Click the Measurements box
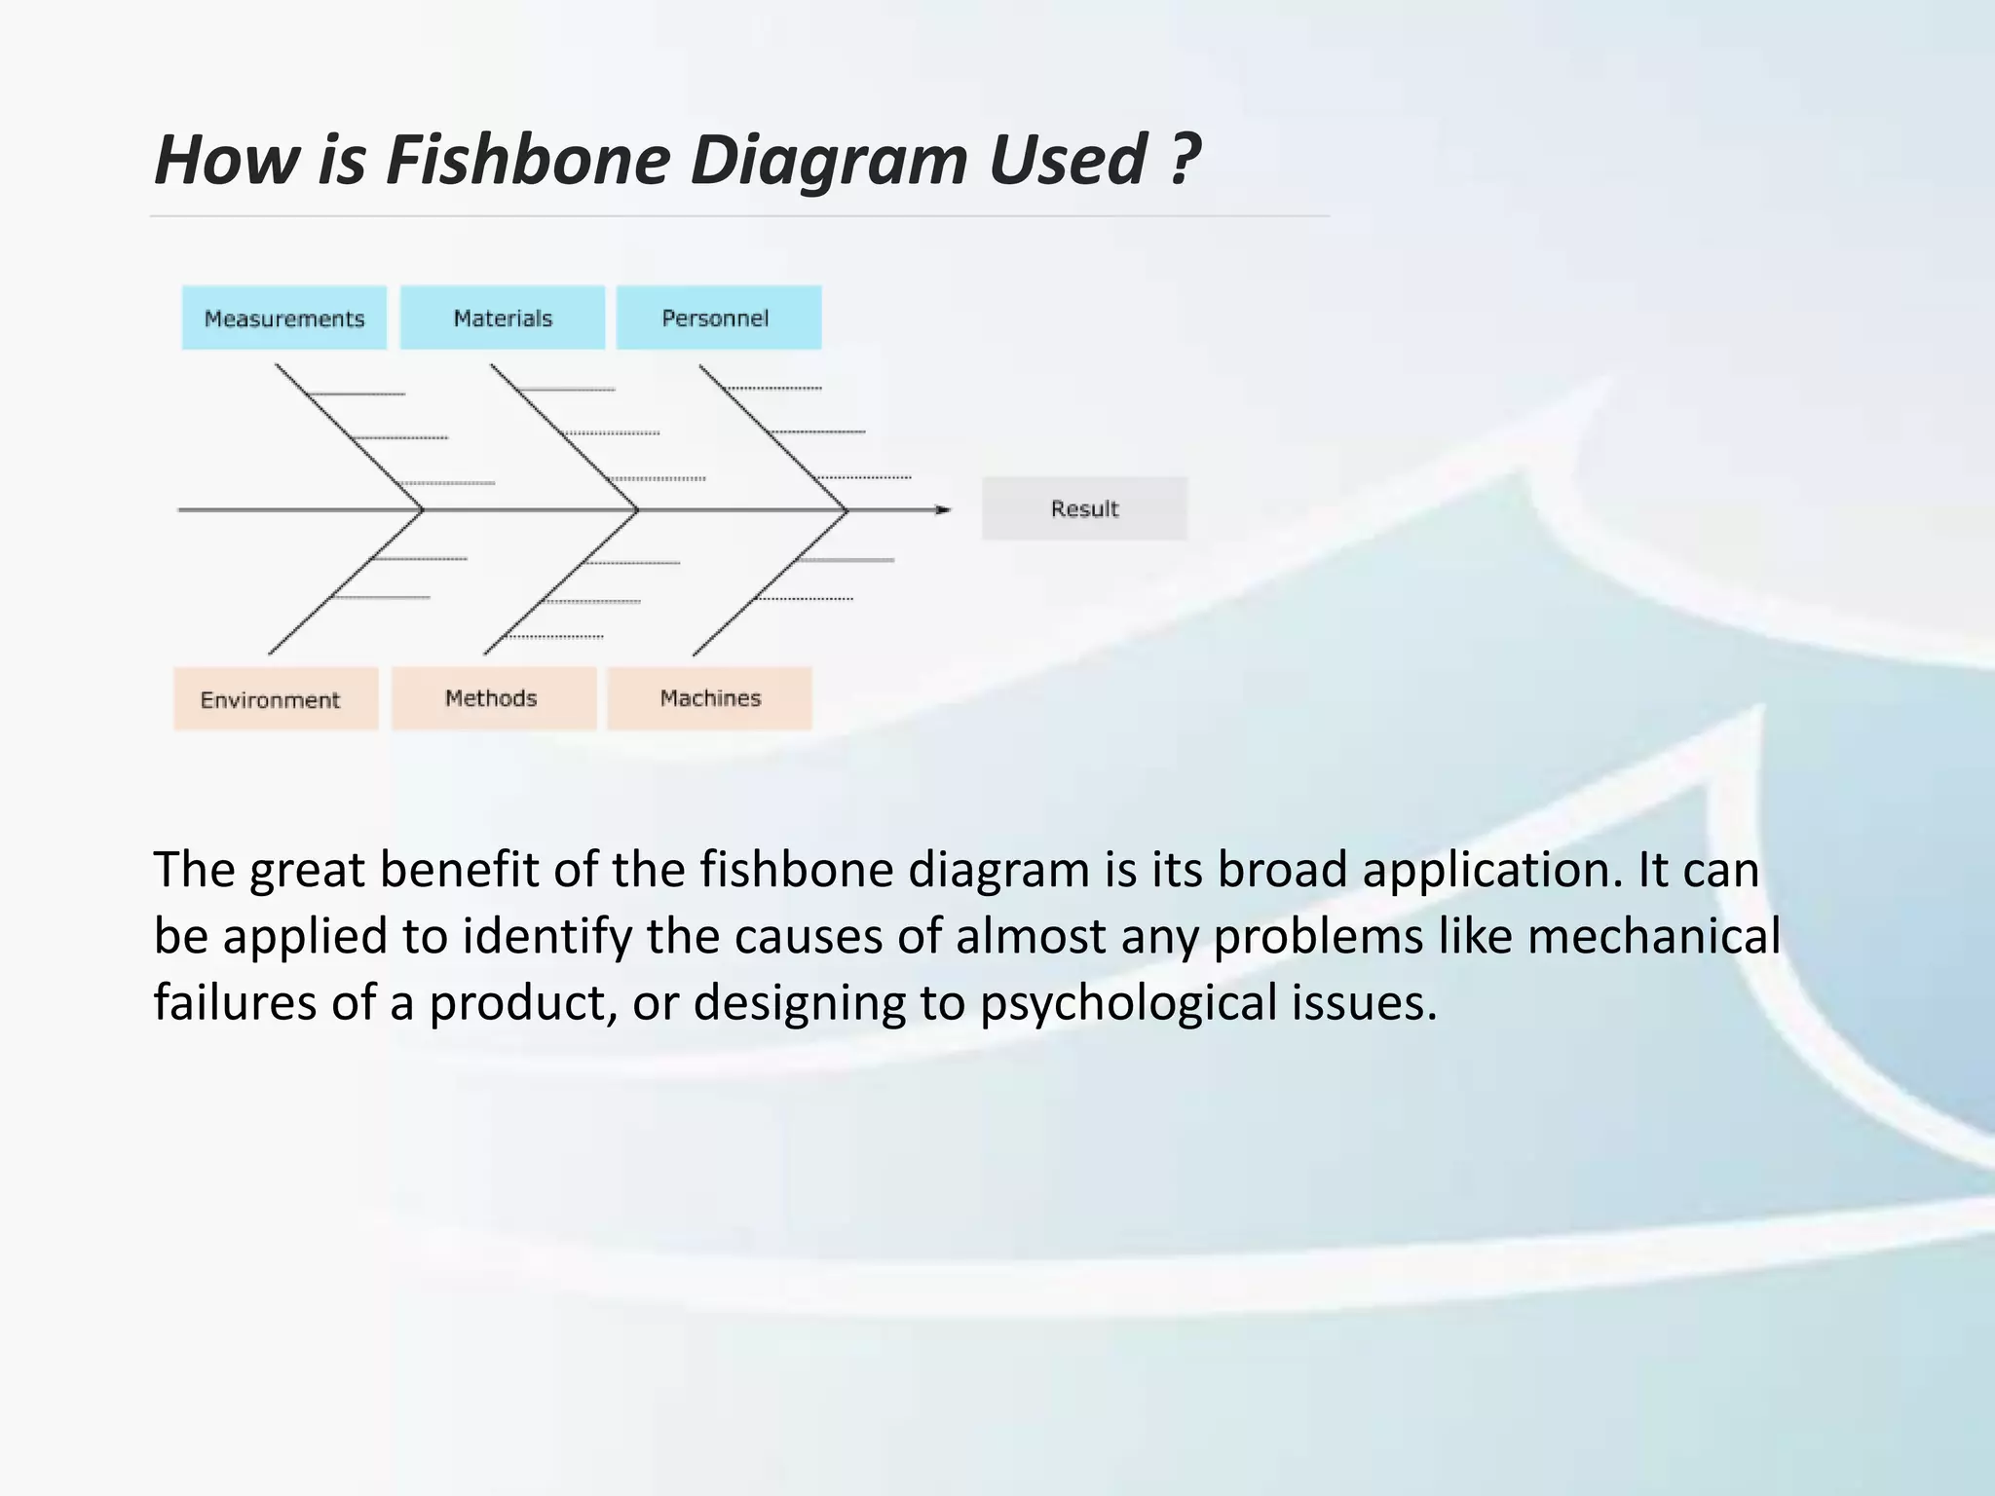pos(283,318)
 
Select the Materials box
pos(502,318)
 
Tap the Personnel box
pos(718,318)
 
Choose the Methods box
pos(493,697)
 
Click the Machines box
pos(709,697)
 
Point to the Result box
pos(1084,508)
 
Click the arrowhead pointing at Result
pos(942,509)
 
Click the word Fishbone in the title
pos(528,160)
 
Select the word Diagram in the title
pos(828,160)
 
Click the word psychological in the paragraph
pos(1128,1002)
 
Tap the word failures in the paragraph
pos(235,1002)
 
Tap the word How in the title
pos(227,160)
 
